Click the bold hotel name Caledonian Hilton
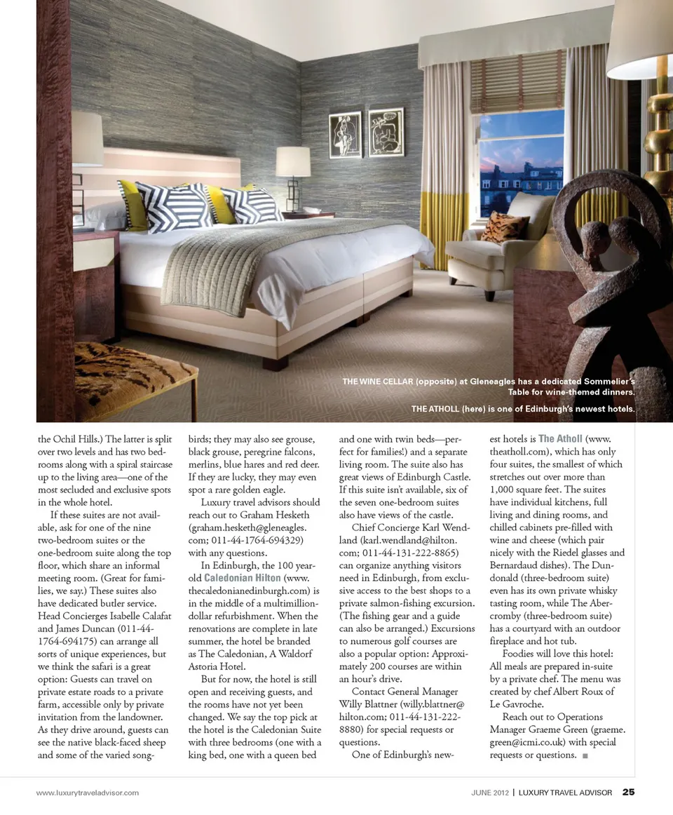[243, 577]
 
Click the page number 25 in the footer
[629, 793]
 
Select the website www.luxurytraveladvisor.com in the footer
[88, 793]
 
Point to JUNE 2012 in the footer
[489, 793]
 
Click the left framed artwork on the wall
[345, 135]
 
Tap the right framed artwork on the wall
[386, 132]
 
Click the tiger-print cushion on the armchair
[504, 227]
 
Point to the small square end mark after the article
[585, 755]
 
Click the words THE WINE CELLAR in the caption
[376, 381]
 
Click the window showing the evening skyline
[521, 163]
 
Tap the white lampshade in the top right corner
[639, 42]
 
